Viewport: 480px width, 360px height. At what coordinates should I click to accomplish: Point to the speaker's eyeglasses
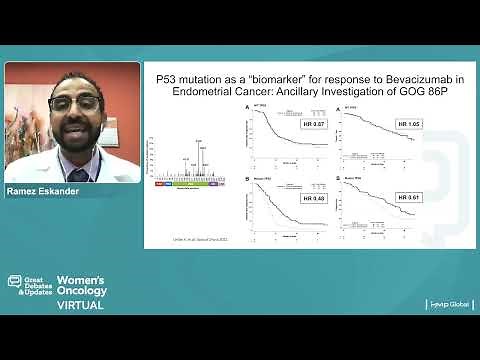click(x=73, y=105)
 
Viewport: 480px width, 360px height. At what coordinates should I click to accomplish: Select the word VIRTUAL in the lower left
click(x=79, y=305)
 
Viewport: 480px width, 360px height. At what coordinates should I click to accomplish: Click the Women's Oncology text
click(x=81, y=285)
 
